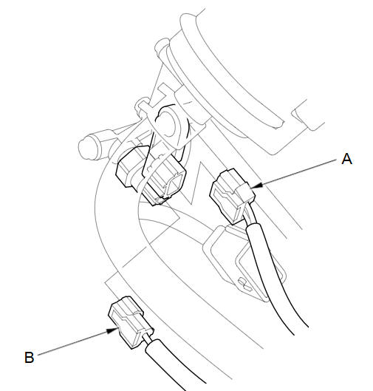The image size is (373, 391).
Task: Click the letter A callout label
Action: pyautogui.click(x=346, y=159)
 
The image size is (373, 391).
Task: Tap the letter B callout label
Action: pyautogui.click(x=29, y=357)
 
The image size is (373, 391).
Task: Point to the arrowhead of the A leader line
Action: pyautogui.click(x=256, y=186)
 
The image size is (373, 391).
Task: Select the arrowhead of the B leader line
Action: pyautogui.click(x=112, y=331)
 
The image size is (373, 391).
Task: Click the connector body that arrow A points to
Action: pyautogui.click(x=232, y=196)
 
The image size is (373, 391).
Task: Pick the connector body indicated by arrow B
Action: pyautogui.click(x=130, y=322)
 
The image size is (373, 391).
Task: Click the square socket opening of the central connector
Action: pyautogui.click(x=174, y=185)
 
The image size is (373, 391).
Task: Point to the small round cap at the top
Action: pyautogui.click(x=162, y=45)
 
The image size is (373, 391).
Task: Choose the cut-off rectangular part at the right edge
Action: pyautogui.click(x=309, y=115)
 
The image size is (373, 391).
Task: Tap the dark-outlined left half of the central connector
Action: pyautogui.click(x=131, y=168)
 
